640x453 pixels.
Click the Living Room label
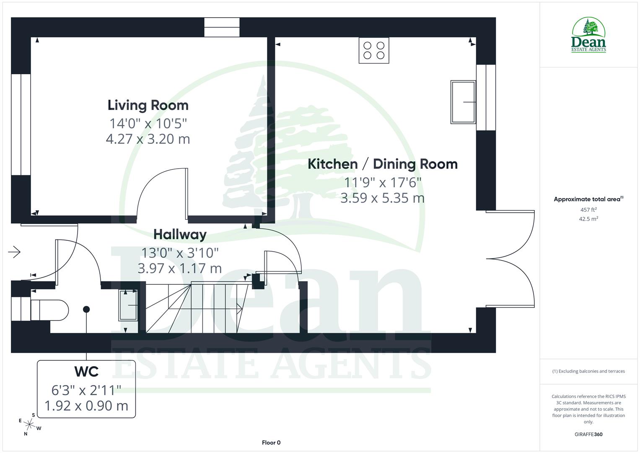(148, 105)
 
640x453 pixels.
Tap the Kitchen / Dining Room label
(382, 164)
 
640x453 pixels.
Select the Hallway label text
(180, 234)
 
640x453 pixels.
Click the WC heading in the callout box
(86, 372)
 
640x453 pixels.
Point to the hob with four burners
(374, 50)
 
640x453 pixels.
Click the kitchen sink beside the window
(463, 102)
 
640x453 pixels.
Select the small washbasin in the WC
(129, 305)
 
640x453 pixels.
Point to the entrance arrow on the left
(14, 252)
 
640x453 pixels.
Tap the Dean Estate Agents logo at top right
(588, 35)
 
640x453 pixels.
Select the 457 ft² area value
(588, 210)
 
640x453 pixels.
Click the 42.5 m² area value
(588, 219)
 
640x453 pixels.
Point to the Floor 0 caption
(271, 443)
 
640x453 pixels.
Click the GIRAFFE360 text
(588, 434)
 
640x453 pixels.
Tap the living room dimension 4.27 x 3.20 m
(148, 139)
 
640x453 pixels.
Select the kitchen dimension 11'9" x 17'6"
(382, 182)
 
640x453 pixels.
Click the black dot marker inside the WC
(86, 310)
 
